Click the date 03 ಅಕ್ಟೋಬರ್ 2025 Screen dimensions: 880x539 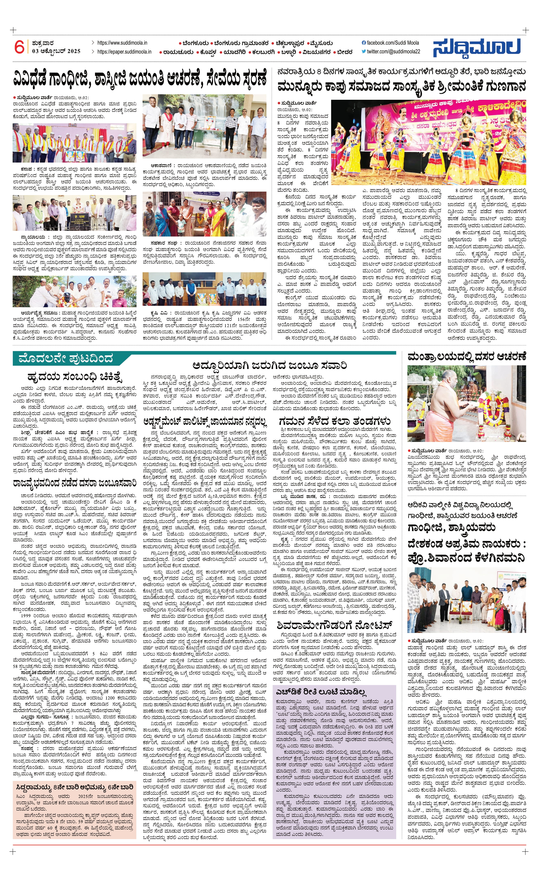56,51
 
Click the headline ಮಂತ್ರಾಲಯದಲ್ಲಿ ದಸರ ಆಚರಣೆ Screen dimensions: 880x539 466,356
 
